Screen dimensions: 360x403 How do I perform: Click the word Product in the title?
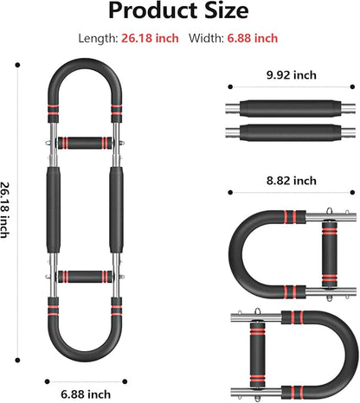(154, 11)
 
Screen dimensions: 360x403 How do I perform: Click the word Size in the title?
(227, 10)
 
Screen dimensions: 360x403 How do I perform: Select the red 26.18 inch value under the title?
(150, 38)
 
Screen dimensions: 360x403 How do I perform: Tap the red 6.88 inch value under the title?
(253, 38)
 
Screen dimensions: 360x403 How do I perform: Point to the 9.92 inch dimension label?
(292, 75)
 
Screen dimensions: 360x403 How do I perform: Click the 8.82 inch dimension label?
(292, 181)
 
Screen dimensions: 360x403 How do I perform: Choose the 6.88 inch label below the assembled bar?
(86, 394)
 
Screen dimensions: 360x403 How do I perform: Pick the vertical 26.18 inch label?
(5, 210)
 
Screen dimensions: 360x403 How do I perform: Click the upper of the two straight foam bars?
(291, 108)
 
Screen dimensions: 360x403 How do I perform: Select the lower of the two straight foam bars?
(291, 132)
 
